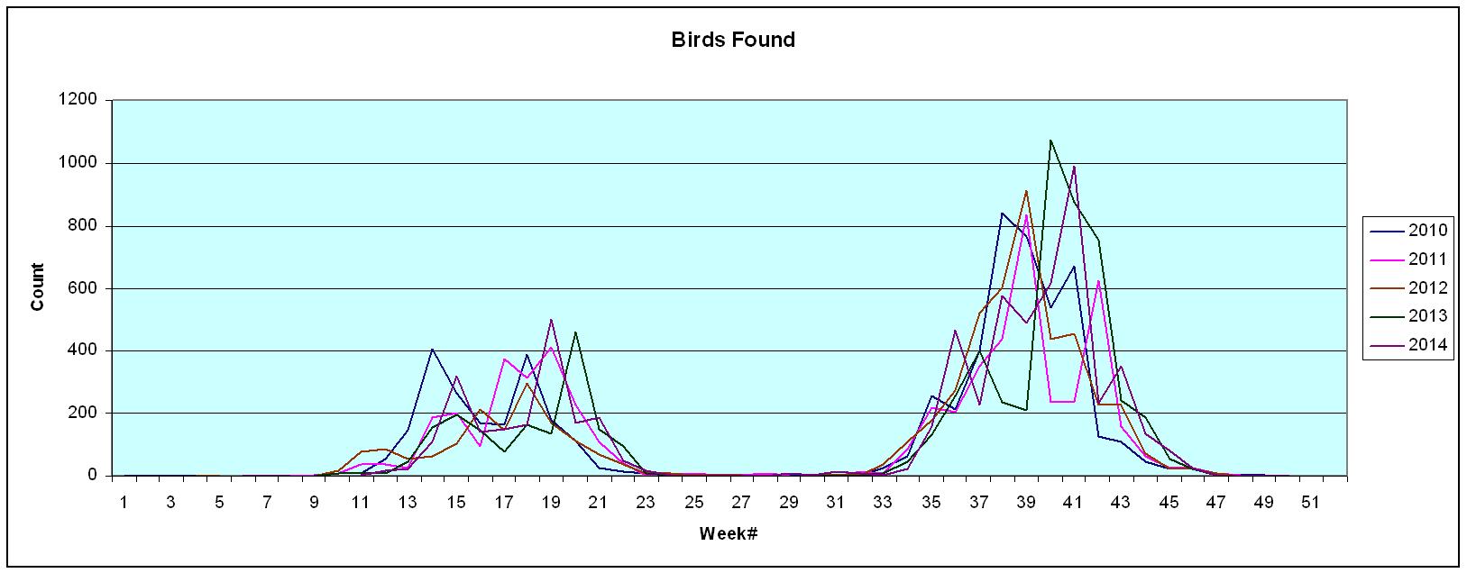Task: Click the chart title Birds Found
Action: point(733,40)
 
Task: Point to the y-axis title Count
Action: point(38,286)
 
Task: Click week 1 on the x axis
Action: point(124,502)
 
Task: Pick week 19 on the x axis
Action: point(551,502)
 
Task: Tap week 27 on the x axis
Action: point(741,502)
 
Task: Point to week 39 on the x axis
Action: point(1026,502)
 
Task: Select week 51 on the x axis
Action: point(1312,502)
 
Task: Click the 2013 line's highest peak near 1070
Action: point(1050,141)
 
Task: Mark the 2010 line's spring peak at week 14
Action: point(432,349)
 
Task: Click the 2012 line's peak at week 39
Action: point(1026,191)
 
